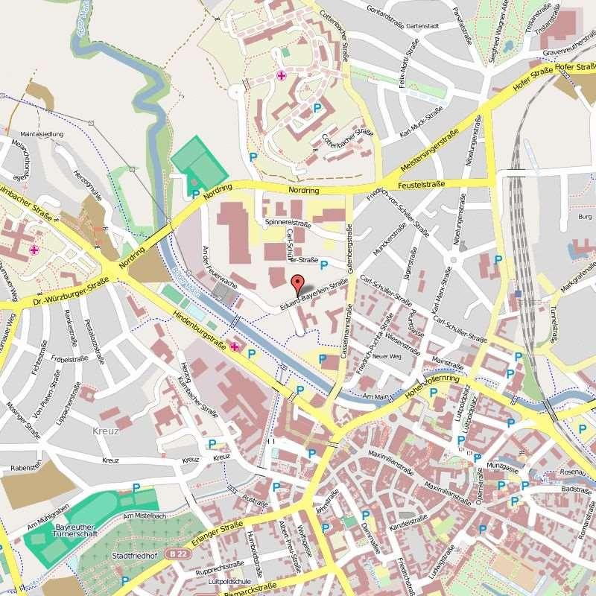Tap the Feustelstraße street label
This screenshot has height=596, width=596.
421,184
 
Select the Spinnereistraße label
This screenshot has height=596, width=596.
287,223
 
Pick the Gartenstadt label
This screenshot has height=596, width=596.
422,25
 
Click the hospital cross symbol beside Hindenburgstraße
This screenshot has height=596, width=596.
235,347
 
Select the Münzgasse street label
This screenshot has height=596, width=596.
501,466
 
